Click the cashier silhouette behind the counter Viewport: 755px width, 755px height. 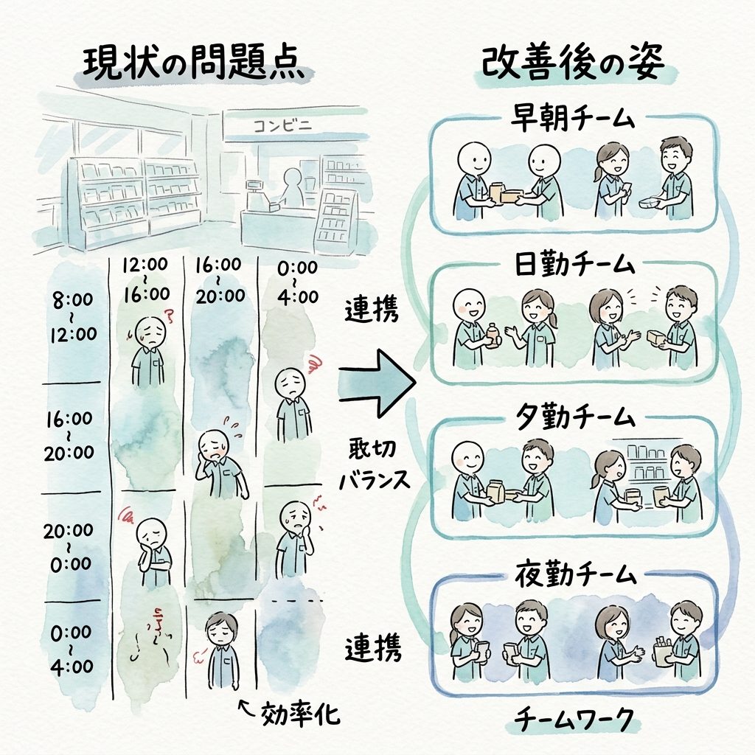(290, 188)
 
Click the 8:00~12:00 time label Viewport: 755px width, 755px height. (74, 317)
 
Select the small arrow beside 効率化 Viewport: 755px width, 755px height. (246, 709)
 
